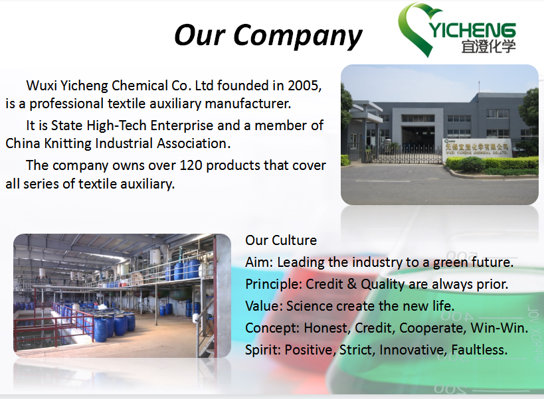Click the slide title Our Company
point(268,36)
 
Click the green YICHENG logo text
point(472,30)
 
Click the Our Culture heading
point(281,240)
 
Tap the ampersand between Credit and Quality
point(351,284)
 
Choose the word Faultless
point(479,350)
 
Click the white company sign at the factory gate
point(477,149)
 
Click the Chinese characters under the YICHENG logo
point(488,46)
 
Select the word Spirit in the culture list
point(262,350)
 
